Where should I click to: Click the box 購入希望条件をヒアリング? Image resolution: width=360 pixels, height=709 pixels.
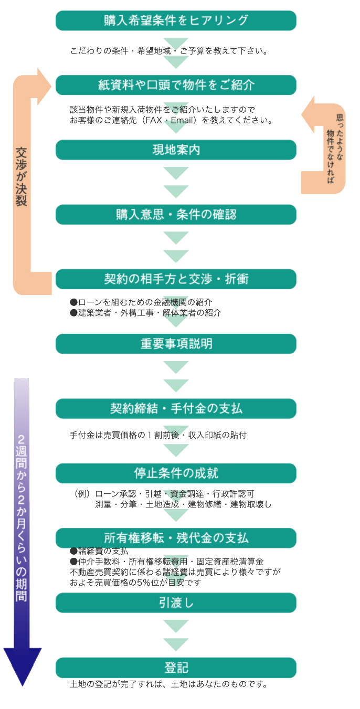(176, 20)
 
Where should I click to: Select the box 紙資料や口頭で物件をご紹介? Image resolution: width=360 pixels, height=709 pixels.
(176, 85)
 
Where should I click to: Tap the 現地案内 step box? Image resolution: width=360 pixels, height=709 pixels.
(176, 150)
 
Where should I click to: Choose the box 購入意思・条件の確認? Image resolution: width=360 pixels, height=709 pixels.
(176, 215)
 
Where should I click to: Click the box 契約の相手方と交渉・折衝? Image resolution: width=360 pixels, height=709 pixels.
(176, 279)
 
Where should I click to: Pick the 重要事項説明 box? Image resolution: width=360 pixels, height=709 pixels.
(176, 344)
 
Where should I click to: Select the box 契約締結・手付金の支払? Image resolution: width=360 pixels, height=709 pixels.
(176, 408)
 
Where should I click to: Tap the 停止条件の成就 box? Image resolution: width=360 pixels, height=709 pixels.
(176, 473)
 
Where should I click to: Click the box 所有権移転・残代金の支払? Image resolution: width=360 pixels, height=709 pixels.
(176, 538)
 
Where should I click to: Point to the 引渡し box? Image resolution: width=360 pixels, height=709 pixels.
(176, 603)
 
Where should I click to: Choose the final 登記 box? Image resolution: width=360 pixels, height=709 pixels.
(176, 668)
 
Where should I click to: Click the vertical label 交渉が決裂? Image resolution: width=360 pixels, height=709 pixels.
(22, 176)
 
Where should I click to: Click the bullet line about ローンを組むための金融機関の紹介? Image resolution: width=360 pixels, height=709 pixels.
(141, 302)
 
